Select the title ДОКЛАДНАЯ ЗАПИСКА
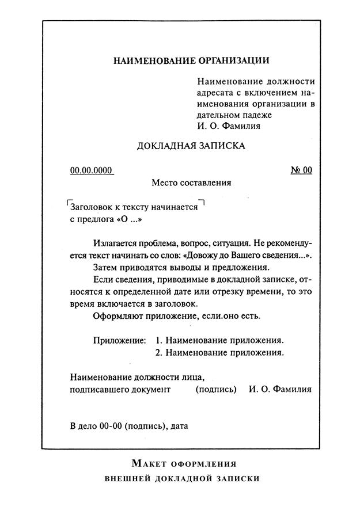(191, 146)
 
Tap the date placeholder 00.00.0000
(92, 170)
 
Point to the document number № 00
(301, 170)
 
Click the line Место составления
(191, 183)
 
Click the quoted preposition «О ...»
(129, 219)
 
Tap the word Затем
(105, 268)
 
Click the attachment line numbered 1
(220, 340)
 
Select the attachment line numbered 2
(220, 352)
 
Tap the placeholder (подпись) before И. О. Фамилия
(216, 389)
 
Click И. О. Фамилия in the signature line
(281, 389)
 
